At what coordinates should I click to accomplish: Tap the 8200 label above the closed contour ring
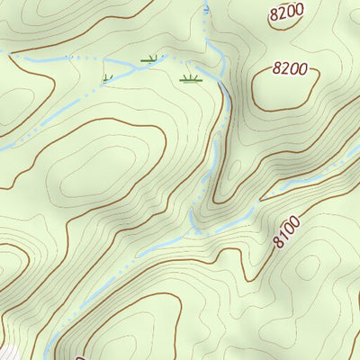tap(290, 67)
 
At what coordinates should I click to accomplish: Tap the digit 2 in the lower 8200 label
tap(284, 67)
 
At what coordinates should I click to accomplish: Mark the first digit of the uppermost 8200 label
tap(274, 15)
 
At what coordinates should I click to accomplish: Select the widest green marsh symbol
tap(190, 79)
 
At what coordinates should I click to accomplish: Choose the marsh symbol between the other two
tap(149, 60)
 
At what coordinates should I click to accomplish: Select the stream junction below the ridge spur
tap(193, 225)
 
